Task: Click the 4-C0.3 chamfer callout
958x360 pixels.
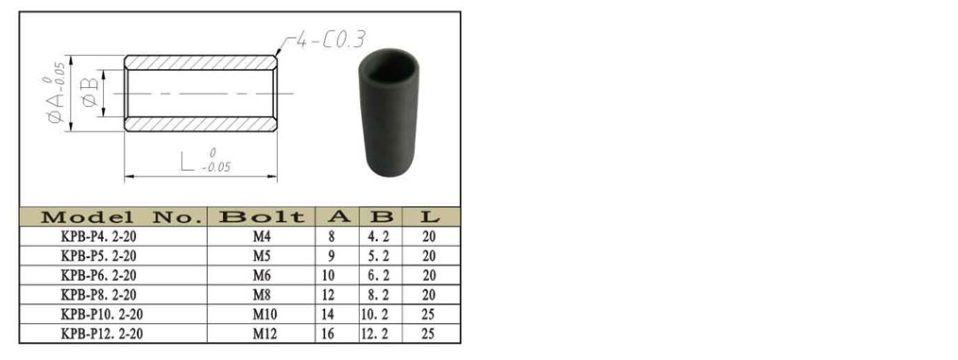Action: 331,41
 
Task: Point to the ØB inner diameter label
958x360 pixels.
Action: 91,93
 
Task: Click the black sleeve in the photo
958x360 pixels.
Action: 388,113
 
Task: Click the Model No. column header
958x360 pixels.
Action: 120,217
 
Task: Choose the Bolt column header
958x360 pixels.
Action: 262,217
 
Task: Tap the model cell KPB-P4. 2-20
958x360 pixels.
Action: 98,236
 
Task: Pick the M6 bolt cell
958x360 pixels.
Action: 262,276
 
